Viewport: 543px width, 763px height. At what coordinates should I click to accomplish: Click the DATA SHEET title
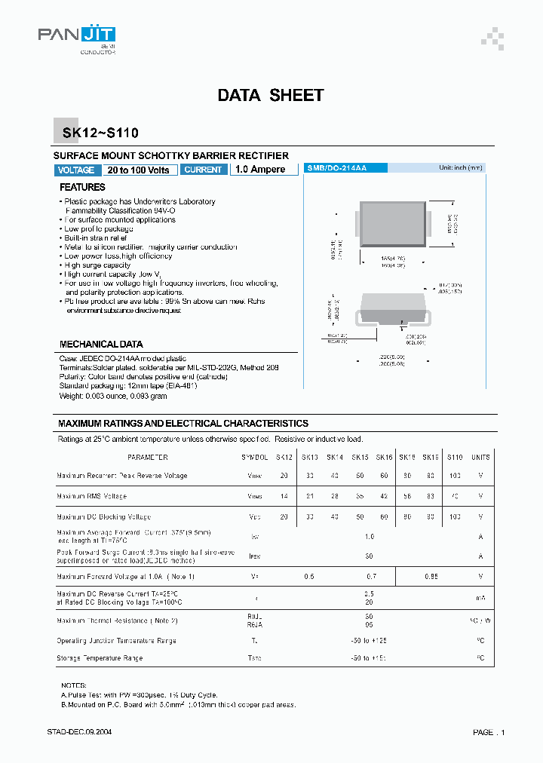coord(271,96)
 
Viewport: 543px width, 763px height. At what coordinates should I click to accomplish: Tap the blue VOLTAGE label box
coord(76,170)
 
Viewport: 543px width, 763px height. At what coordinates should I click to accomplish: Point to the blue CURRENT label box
coord(203,170)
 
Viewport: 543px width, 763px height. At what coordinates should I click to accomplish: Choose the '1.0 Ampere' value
coord(260,170)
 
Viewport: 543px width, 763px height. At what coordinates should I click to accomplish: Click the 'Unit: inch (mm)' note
coord(460,168)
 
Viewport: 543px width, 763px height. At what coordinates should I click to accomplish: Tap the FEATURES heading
coord(82,187)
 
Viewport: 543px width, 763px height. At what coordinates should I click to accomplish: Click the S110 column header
coord(455,458)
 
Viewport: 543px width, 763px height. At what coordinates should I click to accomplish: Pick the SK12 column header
coord(284,458)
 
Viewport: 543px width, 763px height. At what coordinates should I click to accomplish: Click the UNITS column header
coord(480,458)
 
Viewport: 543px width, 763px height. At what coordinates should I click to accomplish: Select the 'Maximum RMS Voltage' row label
coord(92,496)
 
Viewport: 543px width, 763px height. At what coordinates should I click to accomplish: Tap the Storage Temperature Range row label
coord(100,658)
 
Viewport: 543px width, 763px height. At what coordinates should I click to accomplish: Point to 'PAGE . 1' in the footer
coord(489,732)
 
